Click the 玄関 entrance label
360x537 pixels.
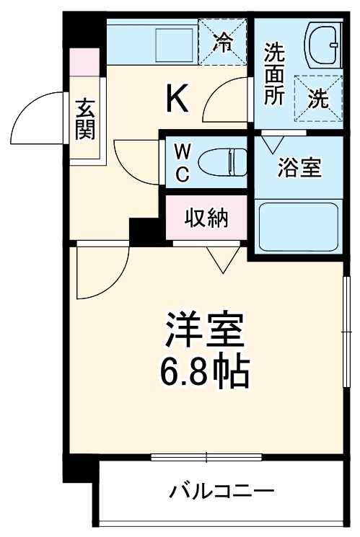85,120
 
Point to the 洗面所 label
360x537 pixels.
273,74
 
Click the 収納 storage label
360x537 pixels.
206,217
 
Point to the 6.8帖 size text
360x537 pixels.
205,372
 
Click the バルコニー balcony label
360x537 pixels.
222,493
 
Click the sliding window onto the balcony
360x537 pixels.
206,456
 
